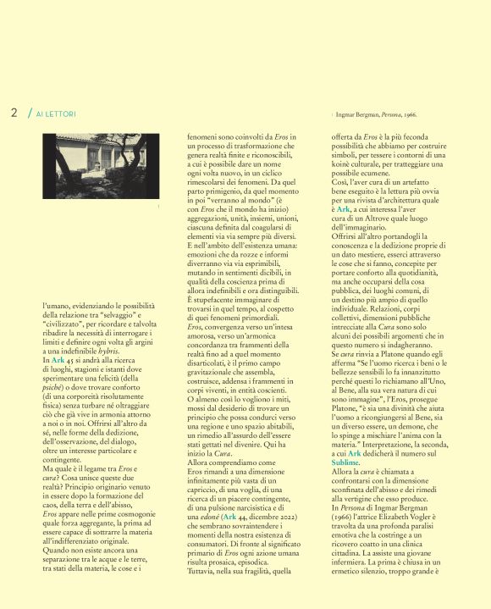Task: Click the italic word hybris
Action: pyautogui.click(x=108, y=349)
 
